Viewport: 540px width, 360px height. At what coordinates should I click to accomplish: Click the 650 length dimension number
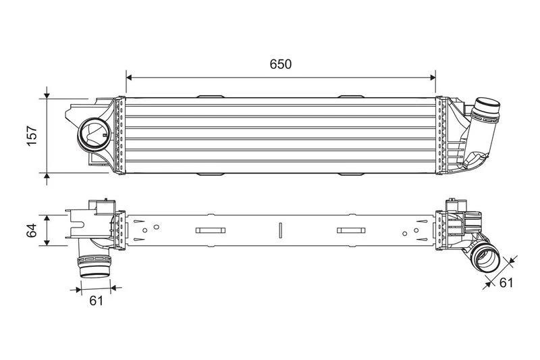click(280, 64)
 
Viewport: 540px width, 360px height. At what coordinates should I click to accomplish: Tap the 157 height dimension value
click(32, 136)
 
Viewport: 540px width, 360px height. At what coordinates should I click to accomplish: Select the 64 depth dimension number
click(31, 230)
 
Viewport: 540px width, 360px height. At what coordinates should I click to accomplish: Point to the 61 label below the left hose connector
click(96, 301)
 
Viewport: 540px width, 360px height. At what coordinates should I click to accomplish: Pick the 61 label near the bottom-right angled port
click(506, 282)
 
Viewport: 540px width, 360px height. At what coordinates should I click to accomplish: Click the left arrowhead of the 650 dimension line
click(129, 78)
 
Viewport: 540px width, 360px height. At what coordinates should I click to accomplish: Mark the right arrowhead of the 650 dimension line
click(433, 78)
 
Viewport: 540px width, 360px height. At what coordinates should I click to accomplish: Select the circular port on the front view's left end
click(94, 134)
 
